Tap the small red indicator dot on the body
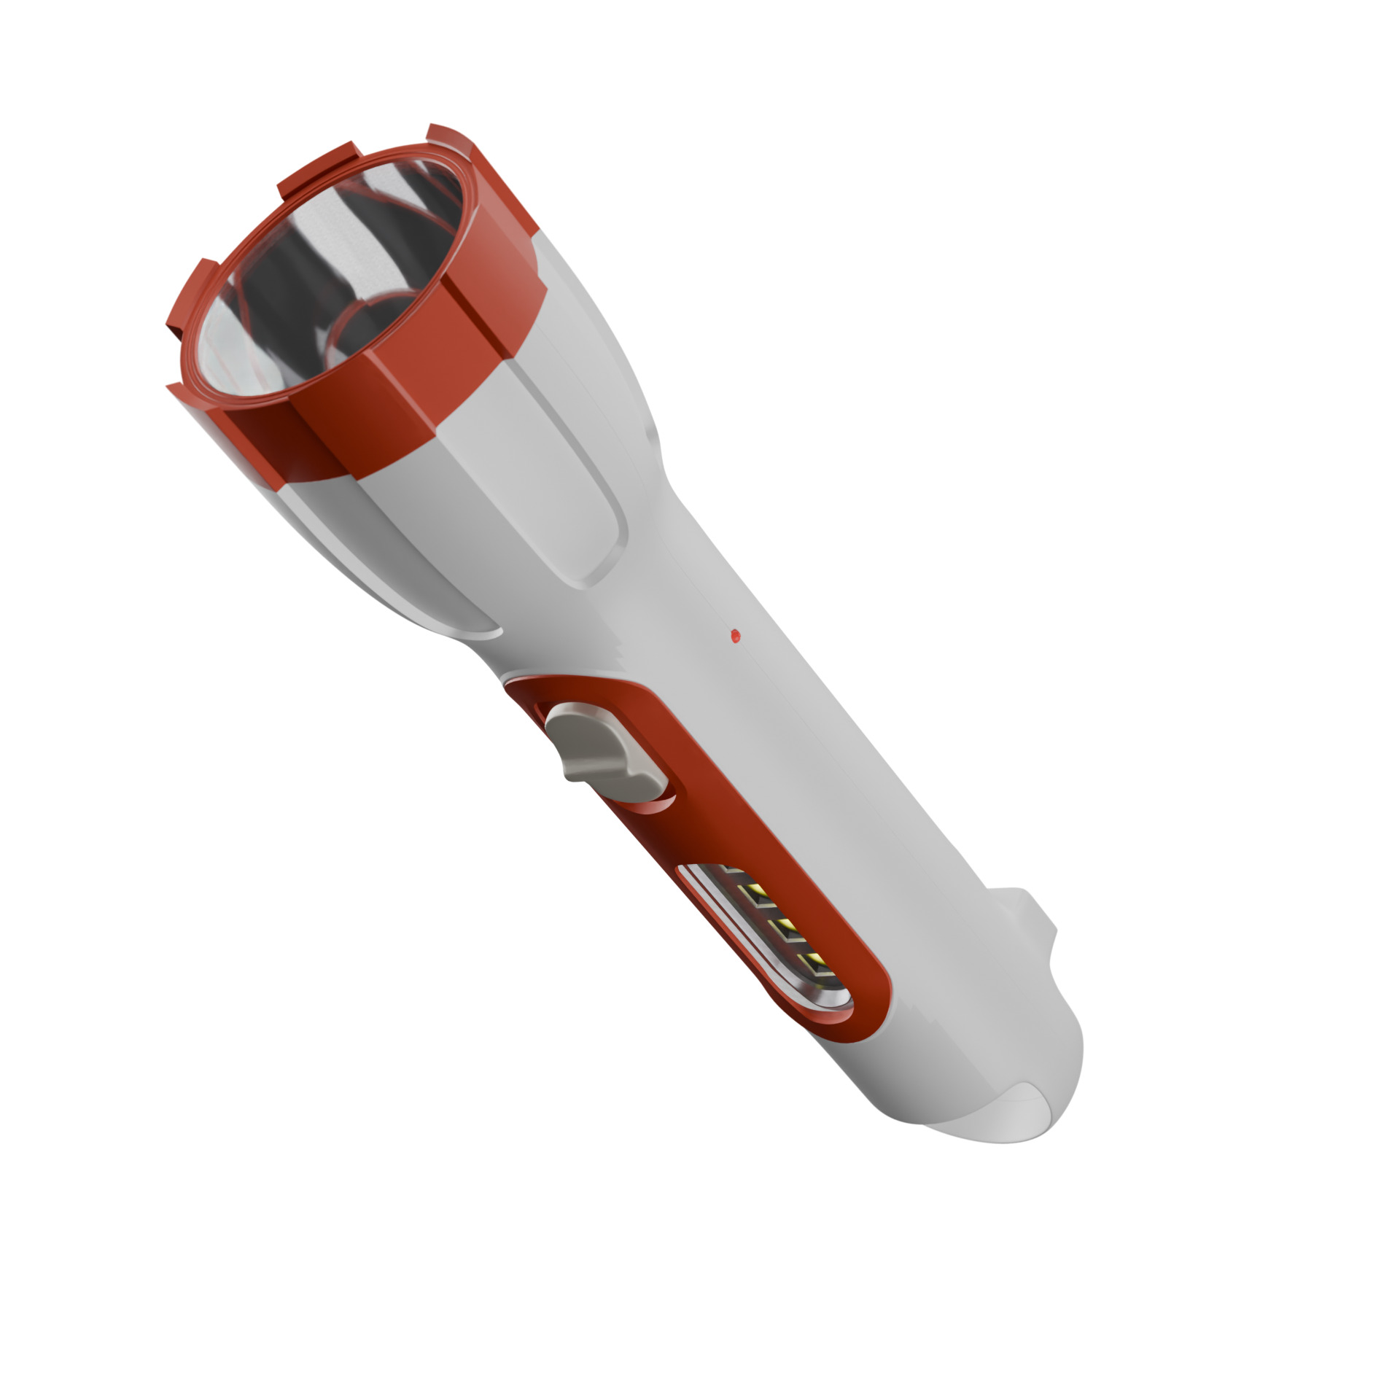coord(735,636)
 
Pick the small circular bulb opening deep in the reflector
coord(365,328)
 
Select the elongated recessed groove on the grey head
coord(561,467)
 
